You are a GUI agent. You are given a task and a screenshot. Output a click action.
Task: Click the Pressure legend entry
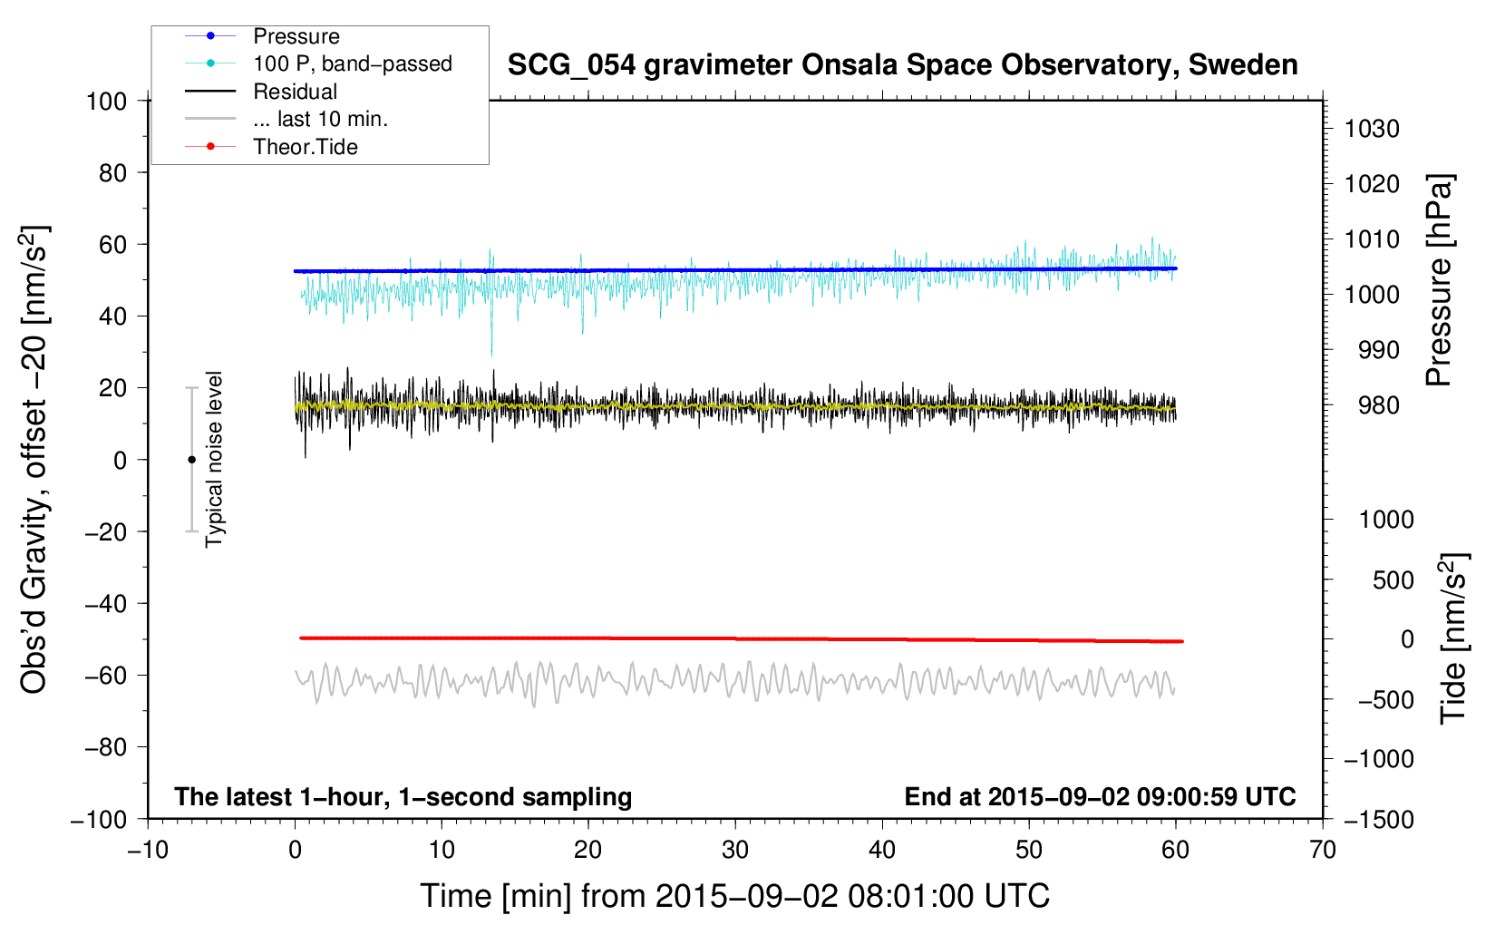point(296,36)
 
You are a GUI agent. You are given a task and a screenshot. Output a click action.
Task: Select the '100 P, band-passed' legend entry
point(352,63)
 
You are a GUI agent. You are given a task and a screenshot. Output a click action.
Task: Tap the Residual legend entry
point(295,92)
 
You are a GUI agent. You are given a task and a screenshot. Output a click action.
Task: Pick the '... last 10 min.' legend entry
point(320,119)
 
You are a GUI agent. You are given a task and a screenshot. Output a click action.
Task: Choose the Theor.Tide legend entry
point(305,147)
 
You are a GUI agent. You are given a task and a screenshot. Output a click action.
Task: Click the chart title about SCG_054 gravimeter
point(902,65)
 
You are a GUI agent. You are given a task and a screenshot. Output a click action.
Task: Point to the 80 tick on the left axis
point(112,172)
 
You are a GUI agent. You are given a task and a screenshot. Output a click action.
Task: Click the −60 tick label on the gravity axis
point(105,675)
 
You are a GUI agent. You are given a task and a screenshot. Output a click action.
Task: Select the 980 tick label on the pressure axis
point(1378,405)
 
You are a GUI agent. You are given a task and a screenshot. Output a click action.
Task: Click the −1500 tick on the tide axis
point(1378,819)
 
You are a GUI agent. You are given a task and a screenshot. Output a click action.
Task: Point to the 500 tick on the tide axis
point(1393,579)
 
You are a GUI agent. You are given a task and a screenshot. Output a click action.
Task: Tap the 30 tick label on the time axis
point(735,850)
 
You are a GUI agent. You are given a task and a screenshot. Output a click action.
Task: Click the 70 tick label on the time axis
point(1323,850)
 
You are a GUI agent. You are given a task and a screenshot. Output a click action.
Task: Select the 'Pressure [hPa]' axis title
point(1439,280)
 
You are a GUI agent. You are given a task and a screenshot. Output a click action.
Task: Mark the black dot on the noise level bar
point(191,460)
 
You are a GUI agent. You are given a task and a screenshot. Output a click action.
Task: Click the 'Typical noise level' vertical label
point(214,459)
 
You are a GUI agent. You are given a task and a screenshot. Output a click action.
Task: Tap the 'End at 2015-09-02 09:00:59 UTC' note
point(1100,796)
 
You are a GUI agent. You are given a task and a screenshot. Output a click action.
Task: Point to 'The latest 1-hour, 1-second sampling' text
point(403,796)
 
